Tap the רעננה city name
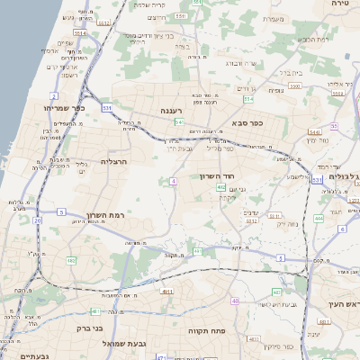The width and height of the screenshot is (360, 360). pyautogui.click(x=173, y=112)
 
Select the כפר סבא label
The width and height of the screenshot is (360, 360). pyautogui.click(x=246, y=122)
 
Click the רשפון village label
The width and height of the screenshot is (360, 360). pyautogui.click(x=65, y=76)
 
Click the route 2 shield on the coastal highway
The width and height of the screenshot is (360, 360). pyautogui.click(x=53, y=95)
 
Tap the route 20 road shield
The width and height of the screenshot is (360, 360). pyautogui.click(x=38, y=220)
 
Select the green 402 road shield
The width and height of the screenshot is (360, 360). pyautogui.click(x=221, y=187)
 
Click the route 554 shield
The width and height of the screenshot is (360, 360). pyautogui.click(x=247, y=98)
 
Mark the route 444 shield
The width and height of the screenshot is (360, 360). pyautogui.click(x=319, y=218)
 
